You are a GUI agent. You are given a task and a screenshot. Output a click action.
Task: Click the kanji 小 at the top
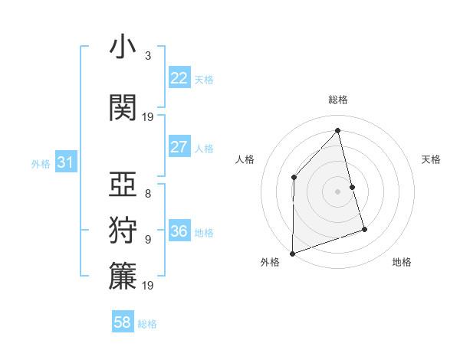[x=123, y=47]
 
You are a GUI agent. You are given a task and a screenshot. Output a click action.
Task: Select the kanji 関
[x=123, y=107]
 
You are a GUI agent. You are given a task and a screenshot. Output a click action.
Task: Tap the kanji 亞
[x=123, y=184]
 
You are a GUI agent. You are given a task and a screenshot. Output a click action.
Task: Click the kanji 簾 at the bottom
[x=123, y=277]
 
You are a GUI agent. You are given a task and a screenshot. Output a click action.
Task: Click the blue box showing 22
[x=179, y=78]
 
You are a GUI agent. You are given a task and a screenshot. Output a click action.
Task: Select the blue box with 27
[x=179, y=147]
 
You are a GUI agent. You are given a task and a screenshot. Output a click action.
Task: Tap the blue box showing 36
[x=179, y=231]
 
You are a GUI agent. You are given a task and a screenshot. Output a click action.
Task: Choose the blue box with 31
[x=66, y=162]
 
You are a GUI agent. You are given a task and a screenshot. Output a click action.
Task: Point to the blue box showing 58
[x=123, y=322]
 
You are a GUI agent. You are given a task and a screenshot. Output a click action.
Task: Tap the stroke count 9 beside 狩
[x=147, y=240]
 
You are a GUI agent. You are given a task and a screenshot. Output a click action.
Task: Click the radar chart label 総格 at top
[x=338, y=100]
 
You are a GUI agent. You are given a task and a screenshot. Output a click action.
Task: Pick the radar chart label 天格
[x=432, y=159]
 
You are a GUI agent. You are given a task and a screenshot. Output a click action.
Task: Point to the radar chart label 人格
[x=245, y=159]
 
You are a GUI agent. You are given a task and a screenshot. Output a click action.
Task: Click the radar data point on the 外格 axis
[x=292, y=253]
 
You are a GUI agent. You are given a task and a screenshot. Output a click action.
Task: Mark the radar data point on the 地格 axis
[x=364, y=229]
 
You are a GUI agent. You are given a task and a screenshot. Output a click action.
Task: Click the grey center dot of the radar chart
[x=338, y=191]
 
